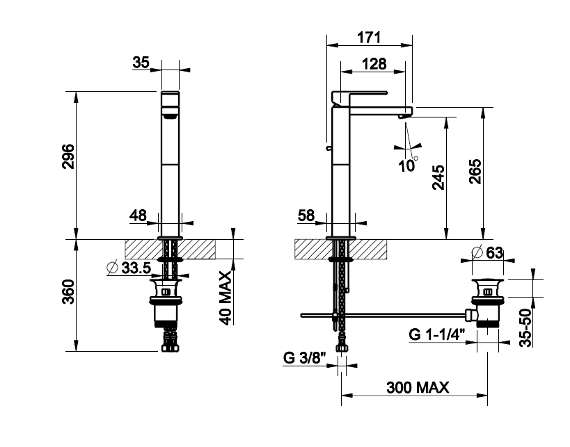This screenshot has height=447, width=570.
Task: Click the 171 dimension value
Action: click(x=369, y=38)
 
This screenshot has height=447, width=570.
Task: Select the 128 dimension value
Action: click(x=374, y=64)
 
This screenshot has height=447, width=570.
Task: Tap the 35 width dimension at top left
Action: click(x=141, y=63)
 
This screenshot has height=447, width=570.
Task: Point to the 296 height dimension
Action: click(x=68, y=156)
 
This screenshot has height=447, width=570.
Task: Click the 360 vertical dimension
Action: click(x=68, y=291)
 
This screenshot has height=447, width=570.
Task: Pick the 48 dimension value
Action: click(x=138, y=216)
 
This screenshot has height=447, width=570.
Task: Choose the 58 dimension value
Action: click(x=306, y=216)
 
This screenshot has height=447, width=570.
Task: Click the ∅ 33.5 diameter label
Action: click(x=129, y=268)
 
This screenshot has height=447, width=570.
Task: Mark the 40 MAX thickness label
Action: click(x=225, y=298)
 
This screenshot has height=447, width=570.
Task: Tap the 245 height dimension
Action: click(x=438, y=177)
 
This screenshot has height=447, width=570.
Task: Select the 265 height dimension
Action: click(x=475, y=171)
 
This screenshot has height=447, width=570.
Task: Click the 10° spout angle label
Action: click(x=408, y=165)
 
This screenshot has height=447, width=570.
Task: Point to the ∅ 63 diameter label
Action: click(x=487, y=253)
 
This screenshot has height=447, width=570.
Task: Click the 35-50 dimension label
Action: click(x=525, y=328)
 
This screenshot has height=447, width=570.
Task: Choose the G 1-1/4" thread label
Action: click(x=437, y=334)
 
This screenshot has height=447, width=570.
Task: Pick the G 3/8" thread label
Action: click(x=305, y=358)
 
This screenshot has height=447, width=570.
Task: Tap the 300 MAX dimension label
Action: click(x=418, y=387)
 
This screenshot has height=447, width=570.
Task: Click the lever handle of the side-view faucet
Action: click(x=360, y=95)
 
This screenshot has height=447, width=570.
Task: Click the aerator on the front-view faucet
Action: click(x=170, y=116)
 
